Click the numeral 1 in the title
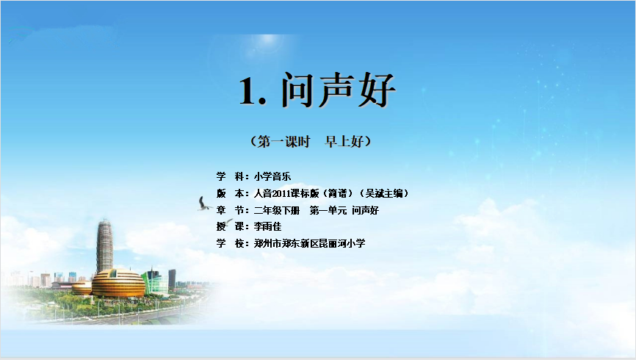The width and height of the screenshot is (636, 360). tap(247, 91)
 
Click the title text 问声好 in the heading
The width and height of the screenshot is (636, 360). tap(339, 90)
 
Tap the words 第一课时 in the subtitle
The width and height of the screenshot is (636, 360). tap(284, 142)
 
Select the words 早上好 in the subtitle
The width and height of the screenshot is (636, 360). tap(344, 142)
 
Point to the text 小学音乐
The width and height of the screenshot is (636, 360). tap(272, 176)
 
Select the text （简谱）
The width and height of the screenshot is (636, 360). tap(338, 194)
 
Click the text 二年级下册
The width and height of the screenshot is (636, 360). tap(277, 210)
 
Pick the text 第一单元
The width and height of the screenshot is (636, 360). tap(328, 210)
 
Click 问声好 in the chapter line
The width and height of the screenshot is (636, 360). tap(365, 210)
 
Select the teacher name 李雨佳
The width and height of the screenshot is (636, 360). tap(268, 226)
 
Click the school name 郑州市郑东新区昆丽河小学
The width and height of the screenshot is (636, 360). tap(309, 243)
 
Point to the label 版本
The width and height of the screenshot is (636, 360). tap(232, 193)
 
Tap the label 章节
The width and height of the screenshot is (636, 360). tap(232, 210)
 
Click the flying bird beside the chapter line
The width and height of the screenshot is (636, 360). tap(203, 204)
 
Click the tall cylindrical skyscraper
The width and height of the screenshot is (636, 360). tap(104, 246)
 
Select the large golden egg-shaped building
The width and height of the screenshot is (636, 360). tap(118, 283)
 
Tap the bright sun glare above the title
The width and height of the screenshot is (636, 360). tap(268, 43)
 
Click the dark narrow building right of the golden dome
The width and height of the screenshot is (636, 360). tap(172, 279)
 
